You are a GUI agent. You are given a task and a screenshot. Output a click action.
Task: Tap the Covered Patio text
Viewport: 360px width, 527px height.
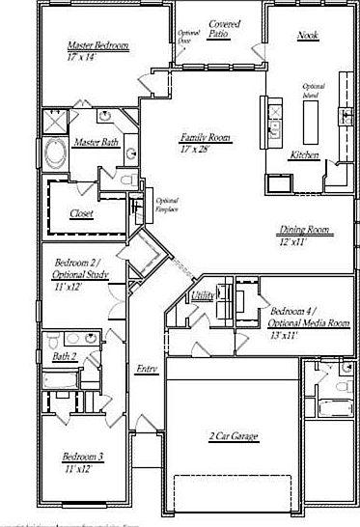coord(223,28)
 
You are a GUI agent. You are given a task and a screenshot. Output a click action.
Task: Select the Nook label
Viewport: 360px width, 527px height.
coord(308,36)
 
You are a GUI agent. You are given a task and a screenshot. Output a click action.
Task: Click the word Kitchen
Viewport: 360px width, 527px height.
coord(304,154)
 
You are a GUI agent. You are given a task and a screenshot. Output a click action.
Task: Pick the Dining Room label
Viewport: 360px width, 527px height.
coord(304,230)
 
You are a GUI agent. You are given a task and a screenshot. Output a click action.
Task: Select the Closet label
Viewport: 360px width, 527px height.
coord(81,213)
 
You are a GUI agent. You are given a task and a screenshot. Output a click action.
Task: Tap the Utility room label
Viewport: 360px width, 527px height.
coord(202,295)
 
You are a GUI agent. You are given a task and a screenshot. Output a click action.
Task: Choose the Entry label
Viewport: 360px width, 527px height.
coord(146,368)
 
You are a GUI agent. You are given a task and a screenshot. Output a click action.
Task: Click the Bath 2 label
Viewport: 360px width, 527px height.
coord(64,357)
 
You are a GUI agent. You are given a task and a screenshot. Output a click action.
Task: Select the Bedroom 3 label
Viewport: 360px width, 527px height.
coord(83,457)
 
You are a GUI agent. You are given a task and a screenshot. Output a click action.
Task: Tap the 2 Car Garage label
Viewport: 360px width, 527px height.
coord(233,437)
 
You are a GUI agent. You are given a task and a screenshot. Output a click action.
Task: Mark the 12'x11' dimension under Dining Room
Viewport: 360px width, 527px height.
coord(295,241)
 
